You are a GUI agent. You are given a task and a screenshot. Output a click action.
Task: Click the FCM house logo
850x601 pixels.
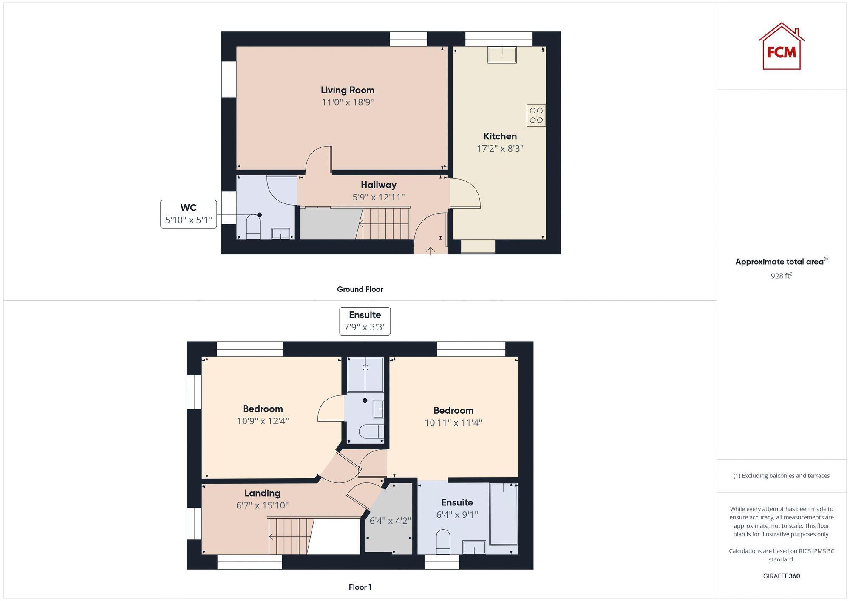click(781, 47)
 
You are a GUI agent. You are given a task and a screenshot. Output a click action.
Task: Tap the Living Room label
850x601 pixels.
click(347, 90)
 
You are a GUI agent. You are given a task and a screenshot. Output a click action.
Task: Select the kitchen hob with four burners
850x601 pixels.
click(536, 115)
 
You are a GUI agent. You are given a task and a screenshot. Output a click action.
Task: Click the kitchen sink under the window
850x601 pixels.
click(502, 55)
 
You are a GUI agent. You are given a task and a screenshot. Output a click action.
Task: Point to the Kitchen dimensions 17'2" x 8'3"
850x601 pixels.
click(500, 149)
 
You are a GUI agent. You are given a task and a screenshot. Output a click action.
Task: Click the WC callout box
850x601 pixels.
click(188, 214)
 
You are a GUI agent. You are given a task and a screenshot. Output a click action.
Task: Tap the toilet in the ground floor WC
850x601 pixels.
click(253, 226)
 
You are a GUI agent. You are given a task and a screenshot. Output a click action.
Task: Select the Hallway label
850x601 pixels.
click(378, 185)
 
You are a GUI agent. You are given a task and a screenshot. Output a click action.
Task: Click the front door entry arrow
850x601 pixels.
click(430, 251)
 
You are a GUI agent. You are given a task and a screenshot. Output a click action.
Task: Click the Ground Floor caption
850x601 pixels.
click(360, 289)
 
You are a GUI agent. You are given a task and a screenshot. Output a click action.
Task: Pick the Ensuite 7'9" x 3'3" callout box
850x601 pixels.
click(365, 321)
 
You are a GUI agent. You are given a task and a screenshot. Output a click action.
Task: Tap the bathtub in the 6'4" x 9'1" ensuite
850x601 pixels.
click(504, 514)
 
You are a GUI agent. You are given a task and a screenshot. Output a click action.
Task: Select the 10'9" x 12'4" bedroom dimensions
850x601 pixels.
click(263, 421)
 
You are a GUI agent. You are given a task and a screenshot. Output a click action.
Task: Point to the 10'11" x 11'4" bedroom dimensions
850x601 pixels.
click(453, 423)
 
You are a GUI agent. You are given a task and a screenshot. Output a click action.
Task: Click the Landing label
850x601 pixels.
click(262, 493)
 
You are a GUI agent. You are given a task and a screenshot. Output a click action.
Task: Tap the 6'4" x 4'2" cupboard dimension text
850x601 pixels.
click(390, 521)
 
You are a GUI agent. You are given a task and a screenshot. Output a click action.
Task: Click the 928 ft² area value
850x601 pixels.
click(781, 276)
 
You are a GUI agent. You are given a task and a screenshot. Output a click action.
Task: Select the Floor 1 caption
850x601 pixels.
click(360, 587)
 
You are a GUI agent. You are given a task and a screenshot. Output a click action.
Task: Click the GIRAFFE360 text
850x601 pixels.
click(781, 576)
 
